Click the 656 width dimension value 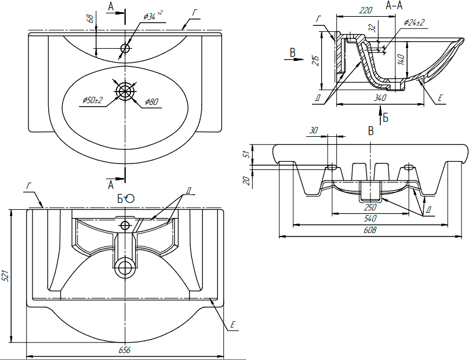tap(125, 350)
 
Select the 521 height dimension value tap(6, 276)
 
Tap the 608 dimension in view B tap(370, 231)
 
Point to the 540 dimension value tap(370, 219)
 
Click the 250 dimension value tap(370, 207)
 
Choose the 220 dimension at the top tap(365, 10)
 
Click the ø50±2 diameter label tap(92, 100)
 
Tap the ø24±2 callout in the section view tap(415, 23)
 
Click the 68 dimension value tap(90, 19)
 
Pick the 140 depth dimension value tap(401, 58)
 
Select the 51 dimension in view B tap(245, 154)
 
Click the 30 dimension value tap(314, 130)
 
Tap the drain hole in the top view tap(125, 91)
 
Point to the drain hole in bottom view tap(124, 267)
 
